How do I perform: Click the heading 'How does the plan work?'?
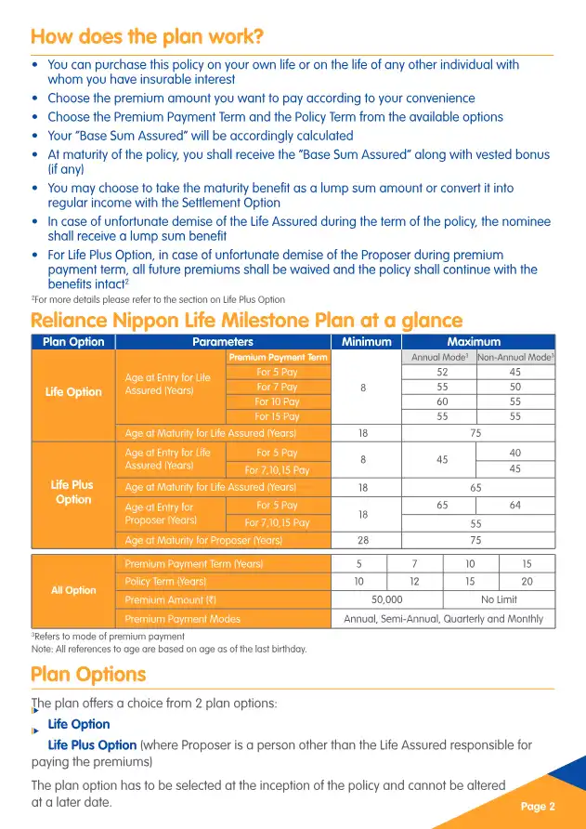pos(147,37)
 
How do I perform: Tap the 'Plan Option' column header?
pos(73,342)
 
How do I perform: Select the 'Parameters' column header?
pos(223,342)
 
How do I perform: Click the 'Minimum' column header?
pos(367,342)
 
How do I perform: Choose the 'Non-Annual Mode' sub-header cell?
pos(515,357)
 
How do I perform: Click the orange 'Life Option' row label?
pos(73,391)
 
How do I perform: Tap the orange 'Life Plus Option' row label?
pos(73,492)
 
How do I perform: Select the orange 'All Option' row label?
pos(73,590)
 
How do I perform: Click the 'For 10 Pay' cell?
pos(278,401)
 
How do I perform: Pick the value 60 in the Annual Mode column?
pos(442,401)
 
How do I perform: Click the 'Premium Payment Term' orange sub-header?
pos(278,357)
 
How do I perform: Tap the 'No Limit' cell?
pos(499,599)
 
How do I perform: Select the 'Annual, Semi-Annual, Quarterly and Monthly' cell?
pos(443,618)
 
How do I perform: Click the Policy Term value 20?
pos(527,581)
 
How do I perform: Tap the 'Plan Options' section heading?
pos(88,674)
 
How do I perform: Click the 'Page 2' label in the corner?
pos(538,806)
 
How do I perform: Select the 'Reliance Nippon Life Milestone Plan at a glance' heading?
pos(246,321)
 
